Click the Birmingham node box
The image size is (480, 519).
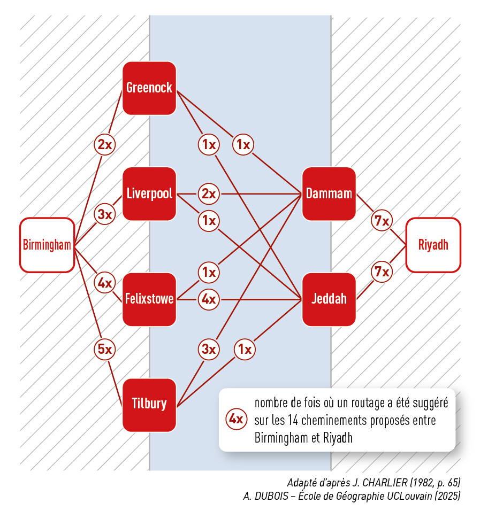tap(47, 245)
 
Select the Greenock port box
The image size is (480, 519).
tap(149, 88)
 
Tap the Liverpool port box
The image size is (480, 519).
tap(149, 193)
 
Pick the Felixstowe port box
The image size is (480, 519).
tap(149, 299)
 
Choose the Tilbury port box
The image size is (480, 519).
tap(149, 404)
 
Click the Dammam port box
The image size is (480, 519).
tap(329, 193)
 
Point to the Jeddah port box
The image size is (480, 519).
tap(329, 299)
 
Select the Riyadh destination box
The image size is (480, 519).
tap(433, 245)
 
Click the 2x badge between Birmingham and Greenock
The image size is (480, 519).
tap(105, 144)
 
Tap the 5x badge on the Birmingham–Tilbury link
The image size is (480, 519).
tap(105, 350)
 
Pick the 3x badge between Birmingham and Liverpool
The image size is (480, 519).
tap(105, 214)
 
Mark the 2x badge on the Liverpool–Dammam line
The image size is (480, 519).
tap(208, 193)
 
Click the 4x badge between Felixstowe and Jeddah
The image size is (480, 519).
tap(208, 299)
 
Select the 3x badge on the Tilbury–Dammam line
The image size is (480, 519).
tap(208, 350)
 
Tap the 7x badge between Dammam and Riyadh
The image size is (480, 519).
tap(382, 220)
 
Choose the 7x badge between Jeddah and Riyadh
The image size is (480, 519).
tap(382, 272)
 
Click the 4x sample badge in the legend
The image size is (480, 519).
tap(236, 420)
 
